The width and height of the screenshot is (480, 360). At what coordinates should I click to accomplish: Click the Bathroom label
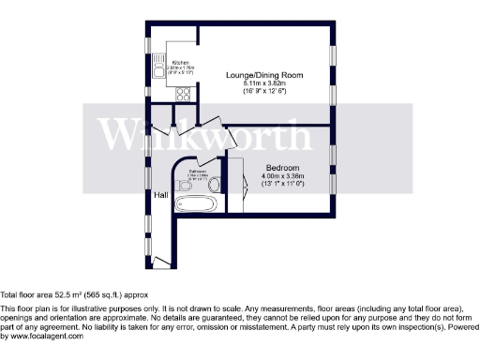click(198, 172)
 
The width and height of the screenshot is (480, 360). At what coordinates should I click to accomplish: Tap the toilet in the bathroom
click(184, 185)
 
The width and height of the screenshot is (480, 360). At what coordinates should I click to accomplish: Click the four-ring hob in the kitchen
click(183, 93)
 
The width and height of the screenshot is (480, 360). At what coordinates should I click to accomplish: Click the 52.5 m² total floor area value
click(70, 292)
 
